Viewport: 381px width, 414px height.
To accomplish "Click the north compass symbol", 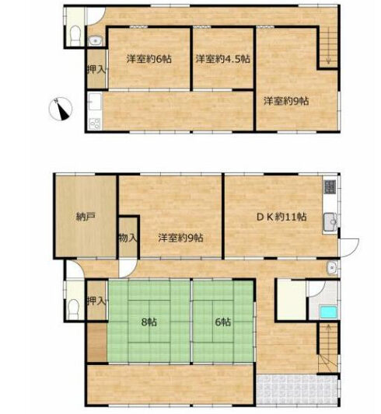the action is (x=61, y=109).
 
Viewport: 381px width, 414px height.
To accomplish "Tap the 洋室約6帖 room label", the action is (x=149, y=58).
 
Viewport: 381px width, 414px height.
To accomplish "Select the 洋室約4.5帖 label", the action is (x=222, y=58).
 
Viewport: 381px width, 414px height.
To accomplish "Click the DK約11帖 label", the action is (x=281, y=217).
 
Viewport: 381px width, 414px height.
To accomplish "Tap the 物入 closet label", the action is (x=128, y=238).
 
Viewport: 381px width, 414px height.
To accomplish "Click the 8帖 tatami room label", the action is (x=149, y=322).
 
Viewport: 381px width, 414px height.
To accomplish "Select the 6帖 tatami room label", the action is (x=223, y=322).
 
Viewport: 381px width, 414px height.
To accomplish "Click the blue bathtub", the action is (x=328, y=311).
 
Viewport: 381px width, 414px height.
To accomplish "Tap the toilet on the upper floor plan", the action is (x=75, y=36).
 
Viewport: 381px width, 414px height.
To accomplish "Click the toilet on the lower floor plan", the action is (x=74, y=310).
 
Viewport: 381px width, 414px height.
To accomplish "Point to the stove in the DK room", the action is (x=330, y=186).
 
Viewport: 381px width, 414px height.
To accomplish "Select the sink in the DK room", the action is (x=330, y=222).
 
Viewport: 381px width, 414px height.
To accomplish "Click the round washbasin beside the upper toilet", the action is (x=94, y=41).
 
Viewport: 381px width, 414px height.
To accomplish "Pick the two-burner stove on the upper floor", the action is (x=95, y=124).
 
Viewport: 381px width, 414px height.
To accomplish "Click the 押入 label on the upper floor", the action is (x=96, y=70).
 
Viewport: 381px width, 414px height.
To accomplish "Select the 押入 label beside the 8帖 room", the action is (x=96, y=301).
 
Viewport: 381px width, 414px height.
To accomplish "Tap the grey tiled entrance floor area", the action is (x=298, y=389).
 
